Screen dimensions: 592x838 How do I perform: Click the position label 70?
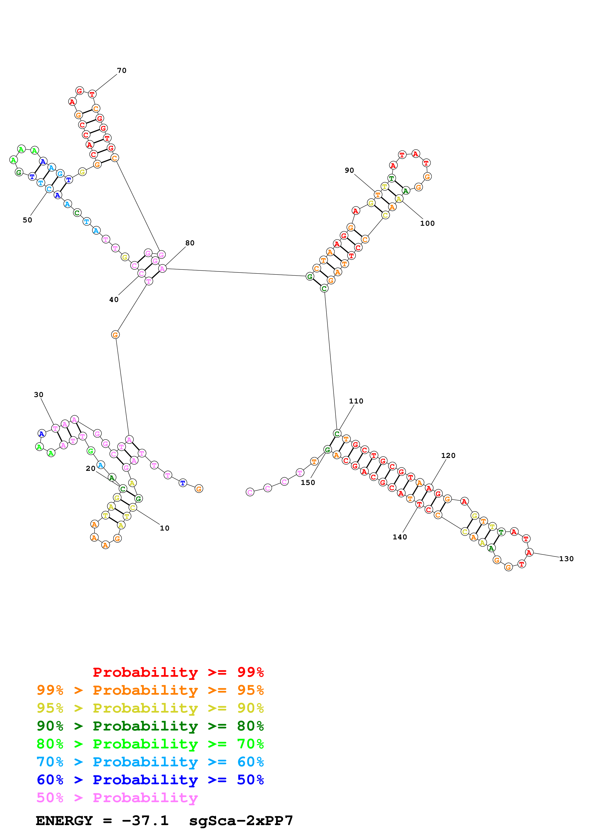click(122, 70)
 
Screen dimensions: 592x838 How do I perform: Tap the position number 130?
click(566, 559)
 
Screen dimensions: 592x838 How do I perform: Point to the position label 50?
click(27, 220)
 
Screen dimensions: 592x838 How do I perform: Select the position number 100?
click(427, 223)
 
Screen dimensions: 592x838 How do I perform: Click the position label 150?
click(308, 483)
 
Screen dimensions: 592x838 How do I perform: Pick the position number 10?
click(165, 528)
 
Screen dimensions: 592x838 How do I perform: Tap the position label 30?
click(39, 395)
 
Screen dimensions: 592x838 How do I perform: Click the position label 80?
click(190, 243)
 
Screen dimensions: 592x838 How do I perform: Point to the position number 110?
click(356, 401)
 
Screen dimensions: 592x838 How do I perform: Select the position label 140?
click(400, 537)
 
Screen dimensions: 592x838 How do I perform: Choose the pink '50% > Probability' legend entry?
click(117, 798)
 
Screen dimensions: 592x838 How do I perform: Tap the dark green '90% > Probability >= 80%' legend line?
click(150, 726)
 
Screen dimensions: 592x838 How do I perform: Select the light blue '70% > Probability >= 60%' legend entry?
click(150, 762)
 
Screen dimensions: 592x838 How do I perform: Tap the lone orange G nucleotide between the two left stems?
click(115, 335)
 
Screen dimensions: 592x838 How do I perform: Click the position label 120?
click(448, 456)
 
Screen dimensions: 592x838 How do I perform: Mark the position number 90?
click(349, 171)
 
